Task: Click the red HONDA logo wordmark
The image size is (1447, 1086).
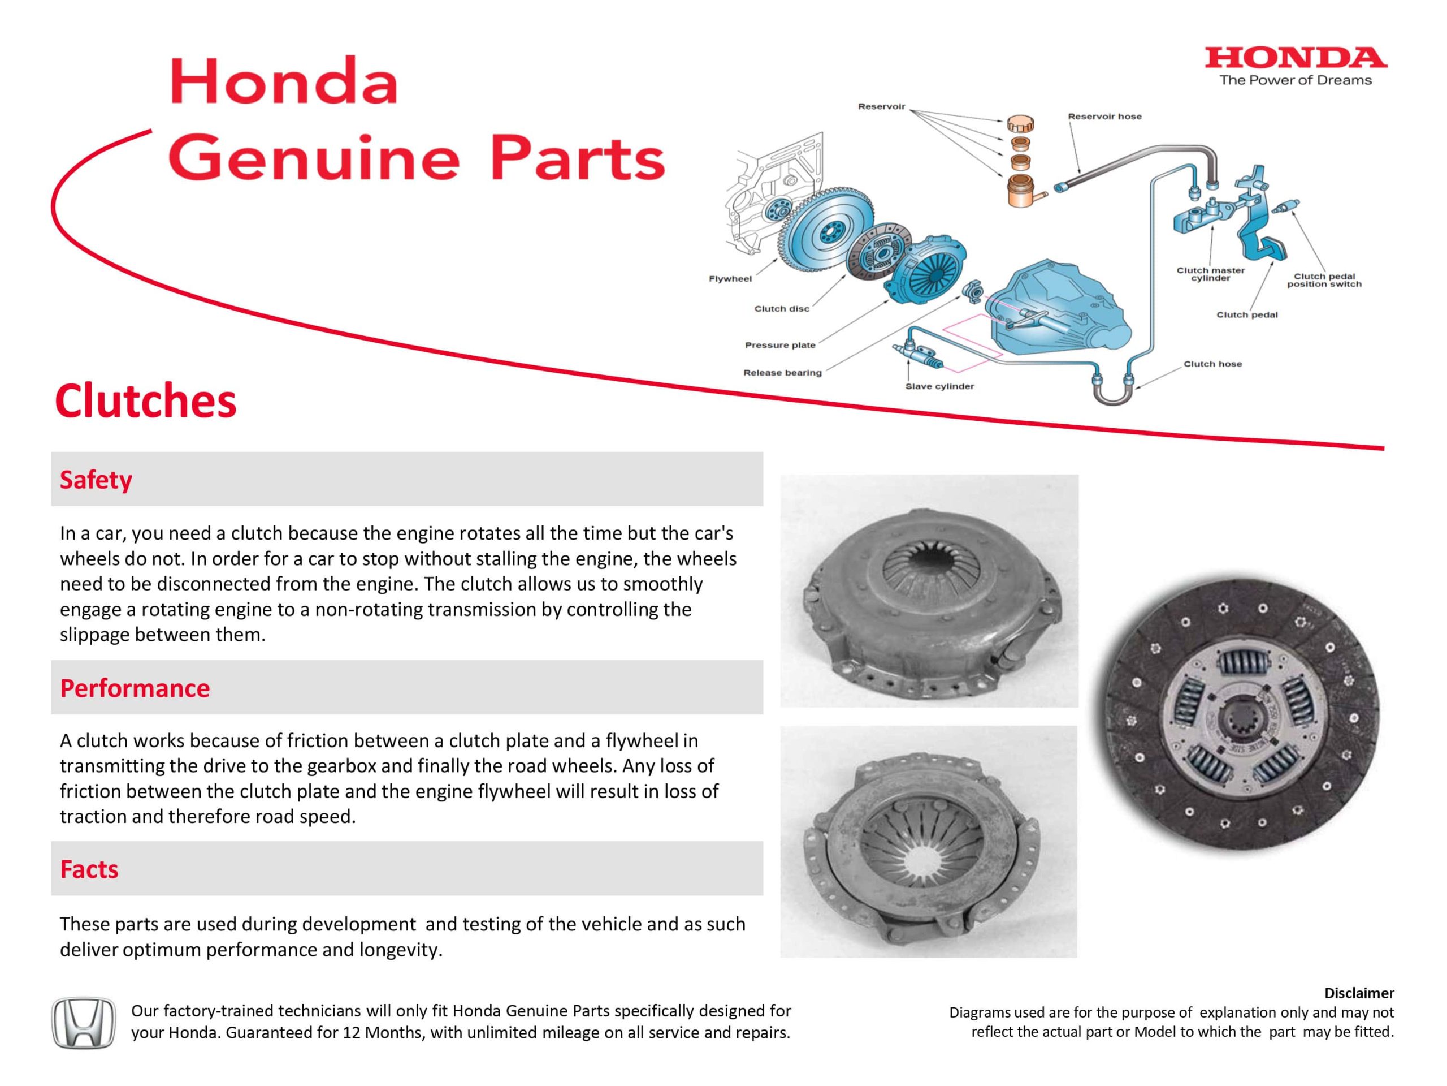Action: pos(1296,59)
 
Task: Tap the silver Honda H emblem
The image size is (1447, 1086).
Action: pos(83,1023)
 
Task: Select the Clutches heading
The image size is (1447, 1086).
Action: pos(145,400)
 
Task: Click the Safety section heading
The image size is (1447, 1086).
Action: pos(96,480)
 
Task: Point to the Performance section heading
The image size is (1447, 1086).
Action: pos(135,688)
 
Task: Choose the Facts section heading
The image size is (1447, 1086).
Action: pos(89,869)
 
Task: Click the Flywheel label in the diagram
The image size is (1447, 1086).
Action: pos(730,279)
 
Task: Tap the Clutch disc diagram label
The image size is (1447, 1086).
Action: pos(781,309)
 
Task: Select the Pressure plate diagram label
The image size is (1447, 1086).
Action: pos(780,345)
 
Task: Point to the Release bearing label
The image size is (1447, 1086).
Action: pos(782,373)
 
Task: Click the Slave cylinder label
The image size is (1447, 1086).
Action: pos(939,386)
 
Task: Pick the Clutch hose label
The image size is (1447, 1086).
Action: pos(1212,364)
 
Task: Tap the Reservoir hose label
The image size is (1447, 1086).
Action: pos(1104,117)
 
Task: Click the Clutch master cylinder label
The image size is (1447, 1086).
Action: pos(1210,274)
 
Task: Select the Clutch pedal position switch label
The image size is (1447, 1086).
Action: pos(1324,280)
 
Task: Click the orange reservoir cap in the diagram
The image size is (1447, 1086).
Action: pos(1020,123)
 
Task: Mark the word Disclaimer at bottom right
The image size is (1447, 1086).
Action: pos(1359,993)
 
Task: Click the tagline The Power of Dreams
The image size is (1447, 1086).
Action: pos(1296,80)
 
